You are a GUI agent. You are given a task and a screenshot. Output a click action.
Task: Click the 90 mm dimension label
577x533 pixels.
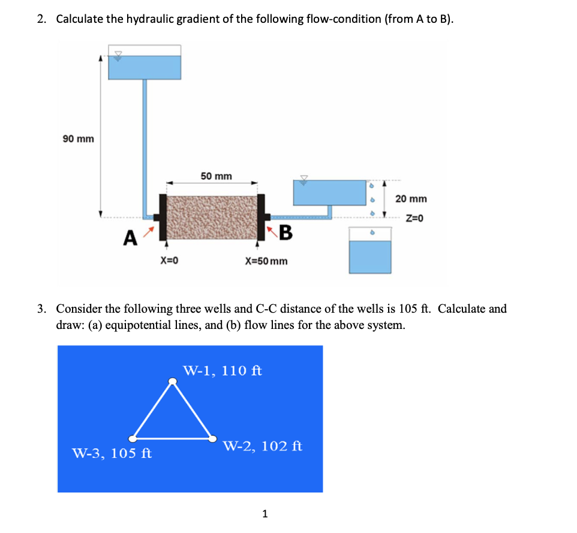(x=79, y=139)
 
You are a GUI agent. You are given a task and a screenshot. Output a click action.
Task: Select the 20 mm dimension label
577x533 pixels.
(x=411, y=198)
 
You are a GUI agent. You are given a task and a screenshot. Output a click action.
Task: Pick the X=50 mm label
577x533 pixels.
(x=266, y=261)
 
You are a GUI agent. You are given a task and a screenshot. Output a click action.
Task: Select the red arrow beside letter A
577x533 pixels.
(x=152, y=230)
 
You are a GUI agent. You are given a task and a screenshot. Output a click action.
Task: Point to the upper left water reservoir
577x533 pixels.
(x=144, y=67)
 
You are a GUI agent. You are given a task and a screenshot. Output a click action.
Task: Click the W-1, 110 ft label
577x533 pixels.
(x=223, y=370)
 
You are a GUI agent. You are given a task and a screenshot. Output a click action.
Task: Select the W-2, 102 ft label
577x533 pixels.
(x=262, y=446)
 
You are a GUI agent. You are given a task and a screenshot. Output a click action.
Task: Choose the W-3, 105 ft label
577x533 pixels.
(x=112, y=453)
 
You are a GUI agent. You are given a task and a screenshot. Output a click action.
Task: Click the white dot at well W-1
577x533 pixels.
(x=172, y=381)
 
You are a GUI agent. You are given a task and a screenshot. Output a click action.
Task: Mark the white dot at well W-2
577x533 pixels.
(x=213, y=439)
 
